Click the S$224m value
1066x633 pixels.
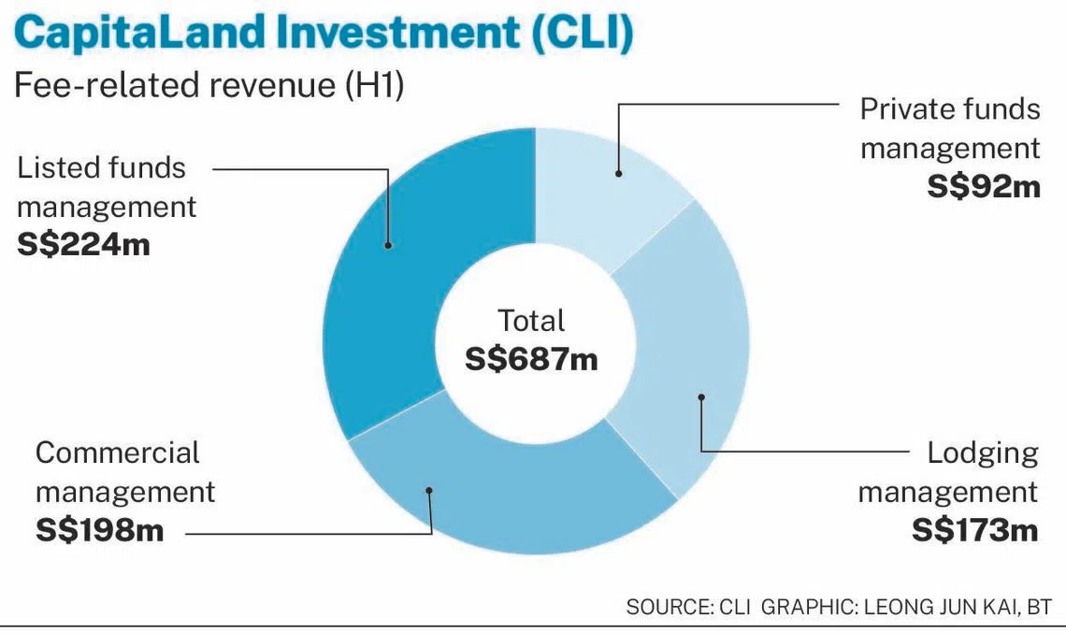pos(83,245)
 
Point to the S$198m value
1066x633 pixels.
pos(100,530)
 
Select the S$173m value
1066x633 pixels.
pos(975,530)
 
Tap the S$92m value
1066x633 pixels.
pos(984,187)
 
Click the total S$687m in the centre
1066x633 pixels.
pos(531,359)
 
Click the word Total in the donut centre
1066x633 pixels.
pos(531,321)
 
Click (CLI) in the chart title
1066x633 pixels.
pos(583,32)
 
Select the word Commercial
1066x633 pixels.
pos(118,453)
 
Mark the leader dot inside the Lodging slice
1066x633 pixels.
pos(701,397)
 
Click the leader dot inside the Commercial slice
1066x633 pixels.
pos(429,490)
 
